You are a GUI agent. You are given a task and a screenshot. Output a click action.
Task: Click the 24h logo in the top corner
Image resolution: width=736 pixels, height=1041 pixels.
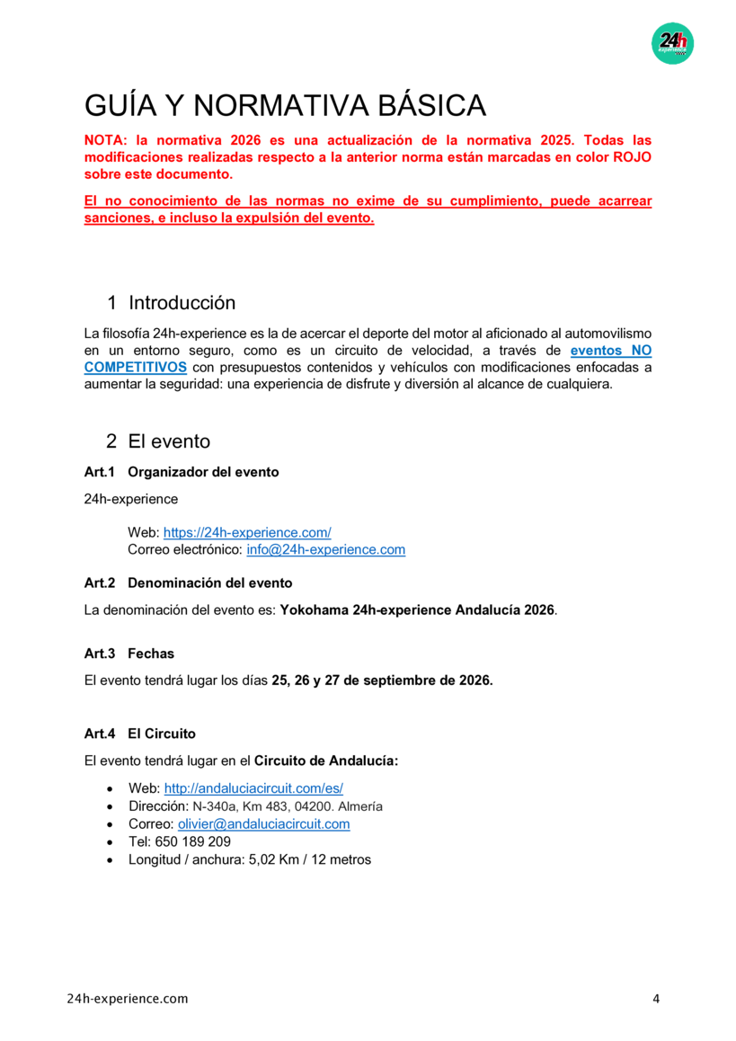672,43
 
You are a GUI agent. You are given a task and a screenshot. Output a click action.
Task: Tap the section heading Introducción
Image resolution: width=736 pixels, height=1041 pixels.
182,302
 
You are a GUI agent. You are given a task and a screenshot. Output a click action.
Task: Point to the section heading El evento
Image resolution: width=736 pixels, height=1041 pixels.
169,441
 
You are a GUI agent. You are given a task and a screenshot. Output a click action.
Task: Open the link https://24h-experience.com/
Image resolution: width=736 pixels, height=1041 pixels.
247,533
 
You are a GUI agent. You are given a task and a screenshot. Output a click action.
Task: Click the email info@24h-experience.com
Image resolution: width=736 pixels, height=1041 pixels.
325,549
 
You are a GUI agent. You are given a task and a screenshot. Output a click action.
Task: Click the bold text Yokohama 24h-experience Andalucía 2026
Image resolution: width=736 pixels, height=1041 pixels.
418,610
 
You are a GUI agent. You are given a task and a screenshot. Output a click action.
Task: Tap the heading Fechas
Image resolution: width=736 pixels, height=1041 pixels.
151,653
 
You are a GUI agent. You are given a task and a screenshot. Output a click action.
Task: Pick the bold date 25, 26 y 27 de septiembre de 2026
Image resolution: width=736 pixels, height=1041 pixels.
382,680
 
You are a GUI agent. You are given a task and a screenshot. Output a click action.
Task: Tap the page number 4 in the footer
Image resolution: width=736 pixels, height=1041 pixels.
655,999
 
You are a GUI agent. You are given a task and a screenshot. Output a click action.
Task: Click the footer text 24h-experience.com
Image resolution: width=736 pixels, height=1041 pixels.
128,999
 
